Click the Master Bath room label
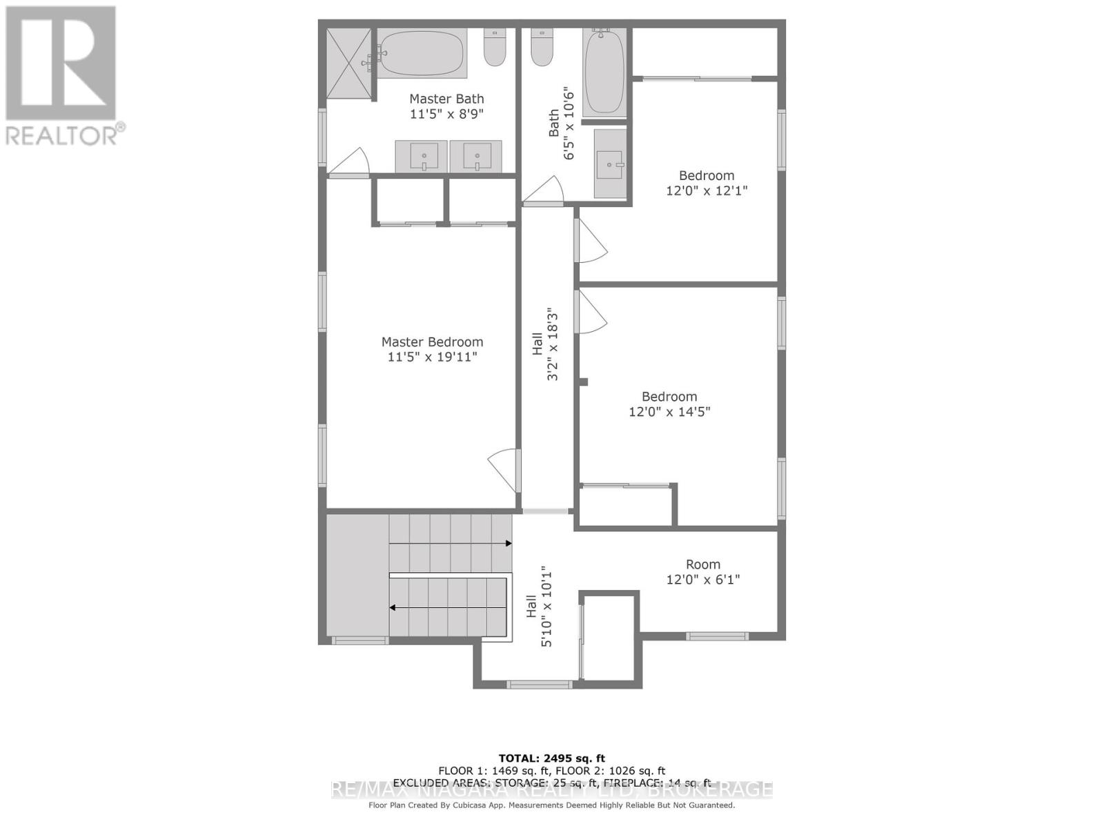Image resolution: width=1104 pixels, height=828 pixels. click(x=446, y=99)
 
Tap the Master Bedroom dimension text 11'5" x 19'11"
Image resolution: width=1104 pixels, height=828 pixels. click(x=433, y=357)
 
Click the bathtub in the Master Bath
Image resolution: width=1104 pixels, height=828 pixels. click(x=422, y=53)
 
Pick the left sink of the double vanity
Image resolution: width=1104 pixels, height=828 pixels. click(x=421, y=156)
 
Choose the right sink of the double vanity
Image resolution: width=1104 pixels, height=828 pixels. click(x=475, y=156)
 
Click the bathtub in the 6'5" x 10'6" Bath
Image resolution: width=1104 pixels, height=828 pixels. click(x=604, y=71)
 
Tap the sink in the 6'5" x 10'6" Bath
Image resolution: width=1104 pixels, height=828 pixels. click(x=610, y=164)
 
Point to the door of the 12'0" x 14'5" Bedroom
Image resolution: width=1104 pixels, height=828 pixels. click(x=590, y=312)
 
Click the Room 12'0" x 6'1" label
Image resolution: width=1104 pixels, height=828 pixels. click(x=702, y=564)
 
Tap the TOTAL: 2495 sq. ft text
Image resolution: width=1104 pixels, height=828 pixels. click(x=551, y=758)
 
